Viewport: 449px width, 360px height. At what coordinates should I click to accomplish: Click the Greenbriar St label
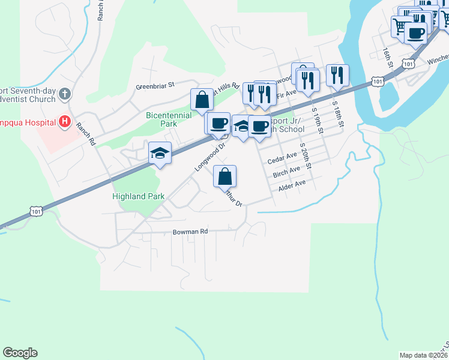(154, 86)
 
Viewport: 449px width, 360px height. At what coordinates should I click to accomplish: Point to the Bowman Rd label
(190, 231)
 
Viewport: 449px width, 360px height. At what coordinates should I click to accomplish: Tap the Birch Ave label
(286, 172)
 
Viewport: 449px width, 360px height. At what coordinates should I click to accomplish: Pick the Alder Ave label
(292, 185)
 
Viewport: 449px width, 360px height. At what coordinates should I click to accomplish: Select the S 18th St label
(338, 114)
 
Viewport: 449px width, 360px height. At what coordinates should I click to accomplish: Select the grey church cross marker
(65, 94)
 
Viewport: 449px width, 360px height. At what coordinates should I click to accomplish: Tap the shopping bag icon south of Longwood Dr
(225, 176)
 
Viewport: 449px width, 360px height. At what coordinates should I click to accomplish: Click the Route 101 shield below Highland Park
(36, 211)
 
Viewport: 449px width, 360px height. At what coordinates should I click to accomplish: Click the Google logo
(20, 353)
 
